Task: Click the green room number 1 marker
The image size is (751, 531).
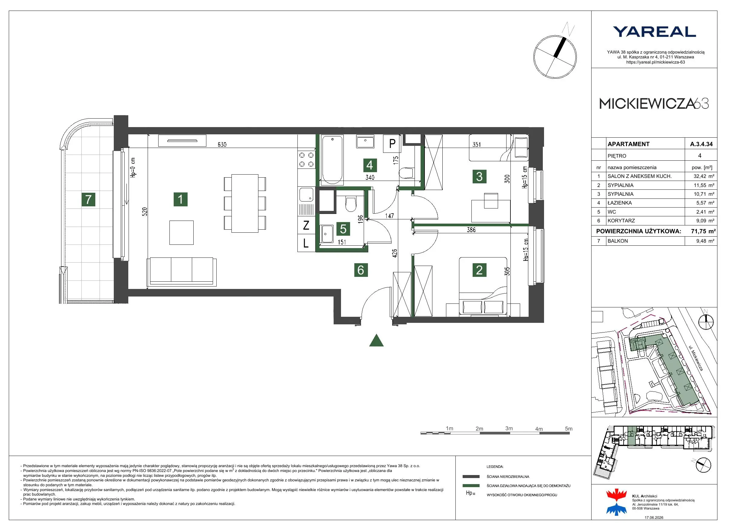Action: coord(181,199)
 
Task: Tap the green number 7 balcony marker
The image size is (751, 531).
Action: coord(88,199)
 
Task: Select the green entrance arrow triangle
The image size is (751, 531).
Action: coord(376,340)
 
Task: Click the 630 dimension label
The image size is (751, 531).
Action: coord(222,144)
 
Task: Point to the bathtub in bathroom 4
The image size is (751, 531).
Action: coord(332,160)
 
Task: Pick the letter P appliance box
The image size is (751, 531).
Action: coord(392,143)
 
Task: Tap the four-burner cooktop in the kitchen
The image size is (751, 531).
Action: coord(307,160)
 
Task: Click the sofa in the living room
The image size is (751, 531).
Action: coord(182,272)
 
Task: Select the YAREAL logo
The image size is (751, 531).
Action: coord(654,32)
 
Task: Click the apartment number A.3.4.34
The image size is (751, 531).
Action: coord(701,144)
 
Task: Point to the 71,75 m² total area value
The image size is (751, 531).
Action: coord(703,231)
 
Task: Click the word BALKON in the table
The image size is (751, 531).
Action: coord(618,241)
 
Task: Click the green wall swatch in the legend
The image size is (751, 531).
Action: coord(471,486)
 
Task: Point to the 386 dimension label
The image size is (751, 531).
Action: coord(471,230)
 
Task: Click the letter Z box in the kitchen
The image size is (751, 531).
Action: coord(306,225)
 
